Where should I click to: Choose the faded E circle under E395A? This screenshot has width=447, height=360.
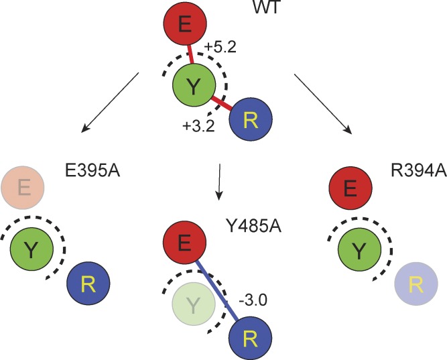(x=24, y=186)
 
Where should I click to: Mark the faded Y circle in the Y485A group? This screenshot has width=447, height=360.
(x=194, y=306)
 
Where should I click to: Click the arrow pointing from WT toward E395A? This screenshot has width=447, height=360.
(x=110, y=101)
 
